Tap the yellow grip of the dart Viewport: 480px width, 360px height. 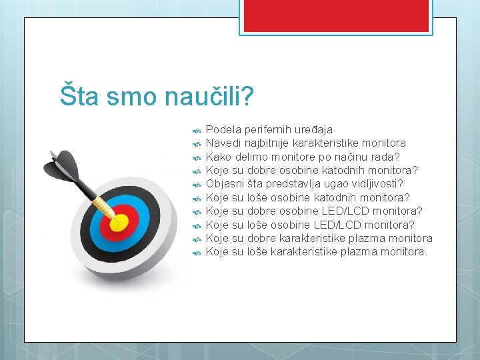click(x=103, y=204)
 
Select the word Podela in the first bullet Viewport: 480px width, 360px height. click(x=223, y=129)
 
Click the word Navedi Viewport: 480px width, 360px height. click(x=223, y=143)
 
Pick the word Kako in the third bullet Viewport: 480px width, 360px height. click(x=218, y=157)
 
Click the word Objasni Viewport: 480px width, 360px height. click(x=225, y=183)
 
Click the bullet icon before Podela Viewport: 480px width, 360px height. click(x=196, y=131)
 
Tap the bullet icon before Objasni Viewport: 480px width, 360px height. click(x=196, y=185)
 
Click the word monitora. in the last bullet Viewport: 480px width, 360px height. click(x=404, y=251)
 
